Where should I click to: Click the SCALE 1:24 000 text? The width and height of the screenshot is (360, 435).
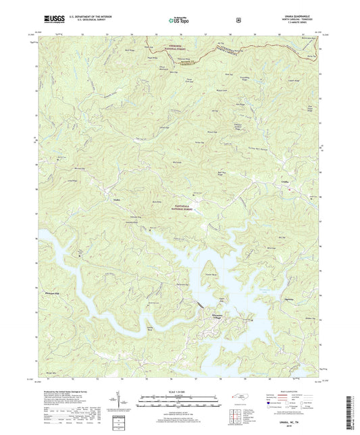[180, 391]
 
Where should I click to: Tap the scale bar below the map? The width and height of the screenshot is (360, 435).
[180, 402]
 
